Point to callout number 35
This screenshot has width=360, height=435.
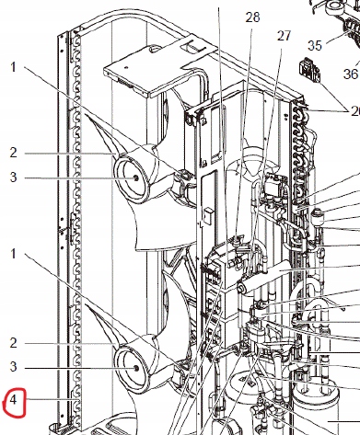coord(315,44)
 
